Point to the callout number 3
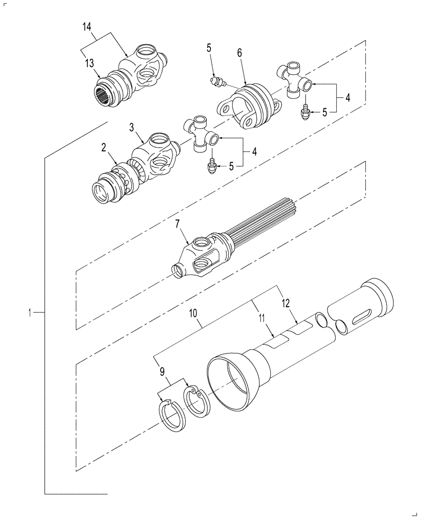click(131, 127)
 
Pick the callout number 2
click(103, 148)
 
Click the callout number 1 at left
click(31, 312)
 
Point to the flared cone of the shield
click(234, 377)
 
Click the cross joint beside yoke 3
click(200, 134)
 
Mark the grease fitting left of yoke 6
click(216, 82)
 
